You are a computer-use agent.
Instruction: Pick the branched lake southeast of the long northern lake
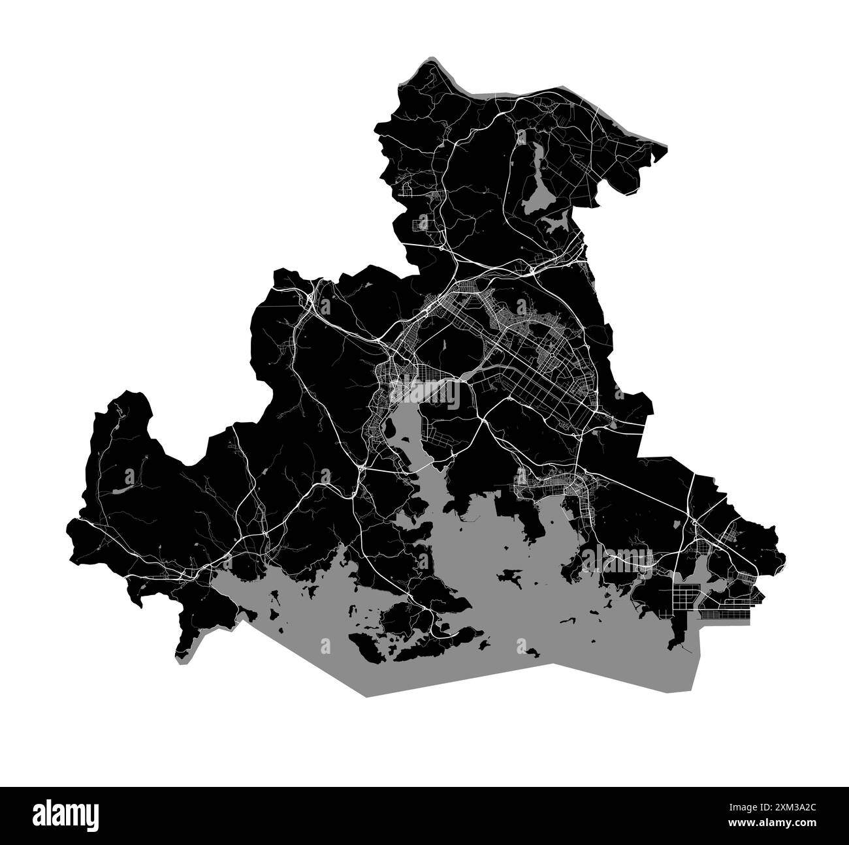coord(558,224)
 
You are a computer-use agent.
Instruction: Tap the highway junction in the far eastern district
coord(694,523)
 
